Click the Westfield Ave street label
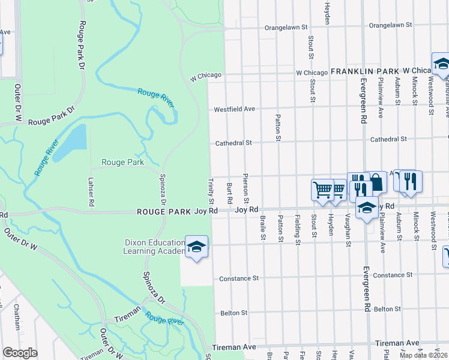[235, 109]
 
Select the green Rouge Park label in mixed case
[122, 162]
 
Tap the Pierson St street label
[246, 188]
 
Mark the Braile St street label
[263, 228]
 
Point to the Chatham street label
[16, 317]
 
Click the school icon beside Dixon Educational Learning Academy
[196, 247]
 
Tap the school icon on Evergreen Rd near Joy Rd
[366, 208]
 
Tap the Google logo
[20, 353]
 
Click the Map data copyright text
[423, 355]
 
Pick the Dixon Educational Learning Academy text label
[153, 247]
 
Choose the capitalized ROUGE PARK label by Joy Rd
[164, 211]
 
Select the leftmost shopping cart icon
[322, 190]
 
